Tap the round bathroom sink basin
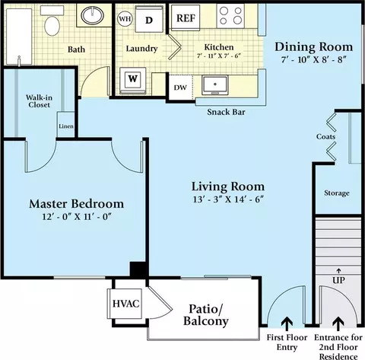(x=92, y=15)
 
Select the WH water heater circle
(x=125, y=19)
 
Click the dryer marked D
(x=149, y=19)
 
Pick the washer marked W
(x=132, y=80)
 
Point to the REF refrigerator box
(x=186, y=18)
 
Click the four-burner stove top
(x=230, y=16)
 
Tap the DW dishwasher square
(x=180, y=88)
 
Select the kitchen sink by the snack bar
(x=215, y=85)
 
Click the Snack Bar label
(x=226, y=112)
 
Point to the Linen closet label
(x=66, y=126)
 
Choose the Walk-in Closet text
(x=39, y=101)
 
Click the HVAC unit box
(x=125, y=304)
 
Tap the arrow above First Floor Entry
(x=287, y=324)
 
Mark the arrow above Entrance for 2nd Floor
(x=338, y=324)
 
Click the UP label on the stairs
(x=338, y=280)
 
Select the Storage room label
(x=337, y=193)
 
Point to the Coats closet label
(x=325, y=136)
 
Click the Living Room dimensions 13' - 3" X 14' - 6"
(x=228, y=199)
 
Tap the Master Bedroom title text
(x=77, y=204)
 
